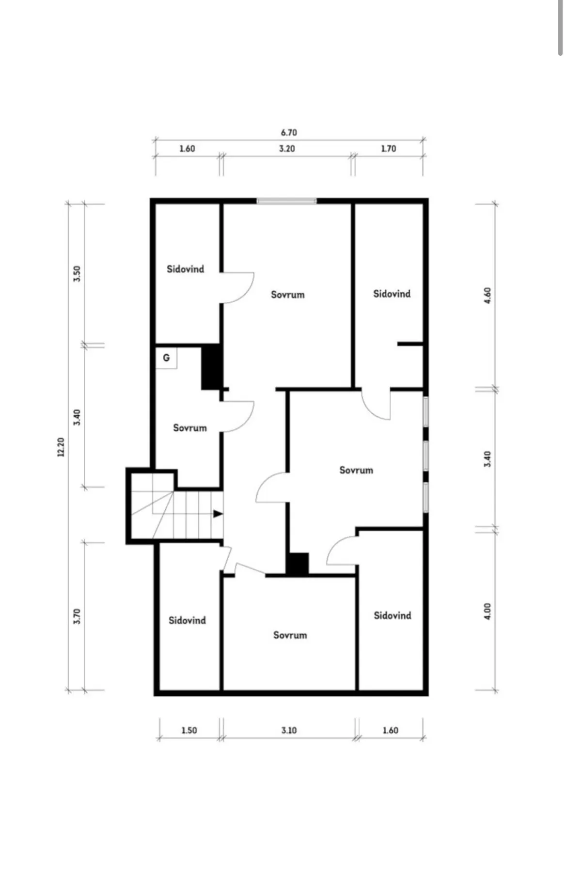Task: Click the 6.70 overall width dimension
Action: coord(289,132)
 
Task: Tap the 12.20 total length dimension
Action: coord(61,447)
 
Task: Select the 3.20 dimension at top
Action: coord(287,149)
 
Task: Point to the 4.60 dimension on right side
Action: coord(488,295)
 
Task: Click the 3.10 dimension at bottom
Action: coord(289,730)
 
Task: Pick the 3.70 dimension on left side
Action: coord(77,616)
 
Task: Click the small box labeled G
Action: coord(166,358)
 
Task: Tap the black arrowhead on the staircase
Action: coord(218,514)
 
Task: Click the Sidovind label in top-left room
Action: coord(185,269)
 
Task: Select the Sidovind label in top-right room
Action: coord(392,294)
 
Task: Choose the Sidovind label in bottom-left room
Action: coord(187,620)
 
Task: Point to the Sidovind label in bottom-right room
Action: coord(393,615)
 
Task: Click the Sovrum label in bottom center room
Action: coord(290,635)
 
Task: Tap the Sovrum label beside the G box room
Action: coord(190,428)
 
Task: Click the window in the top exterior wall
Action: coord(287,201)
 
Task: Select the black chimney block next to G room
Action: coord(211,366)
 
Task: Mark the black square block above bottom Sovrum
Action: coord(298,564)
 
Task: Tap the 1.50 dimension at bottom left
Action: coord(189,730)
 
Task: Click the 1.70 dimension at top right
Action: coord(388,149)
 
